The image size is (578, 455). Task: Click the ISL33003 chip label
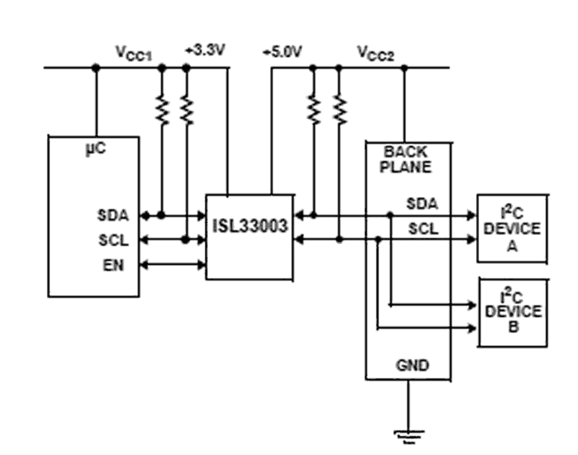(250, 226)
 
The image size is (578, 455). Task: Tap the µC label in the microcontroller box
(96, 149)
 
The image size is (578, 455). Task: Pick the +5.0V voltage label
(282, 52)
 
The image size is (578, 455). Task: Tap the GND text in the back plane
(412, 365)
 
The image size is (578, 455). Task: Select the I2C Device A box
(512, 229)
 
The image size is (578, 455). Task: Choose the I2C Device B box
(513, 312)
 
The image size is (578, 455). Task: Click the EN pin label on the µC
(113, 265)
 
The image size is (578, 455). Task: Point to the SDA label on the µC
(113, 215)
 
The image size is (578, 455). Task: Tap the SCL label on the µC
(113, 240)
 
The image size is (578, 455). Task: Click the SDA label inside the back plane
(422, 204)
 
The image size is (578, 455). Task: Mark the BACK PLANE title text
(406, 159)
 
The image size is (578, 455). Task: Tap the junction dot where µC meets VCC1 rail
(96, 68)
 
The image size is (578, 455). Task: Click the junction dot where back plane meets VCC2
(405, 68)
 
